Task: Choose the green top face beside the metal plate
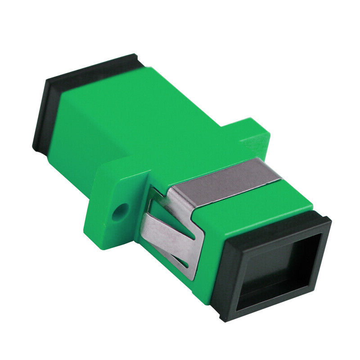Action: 279,198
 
